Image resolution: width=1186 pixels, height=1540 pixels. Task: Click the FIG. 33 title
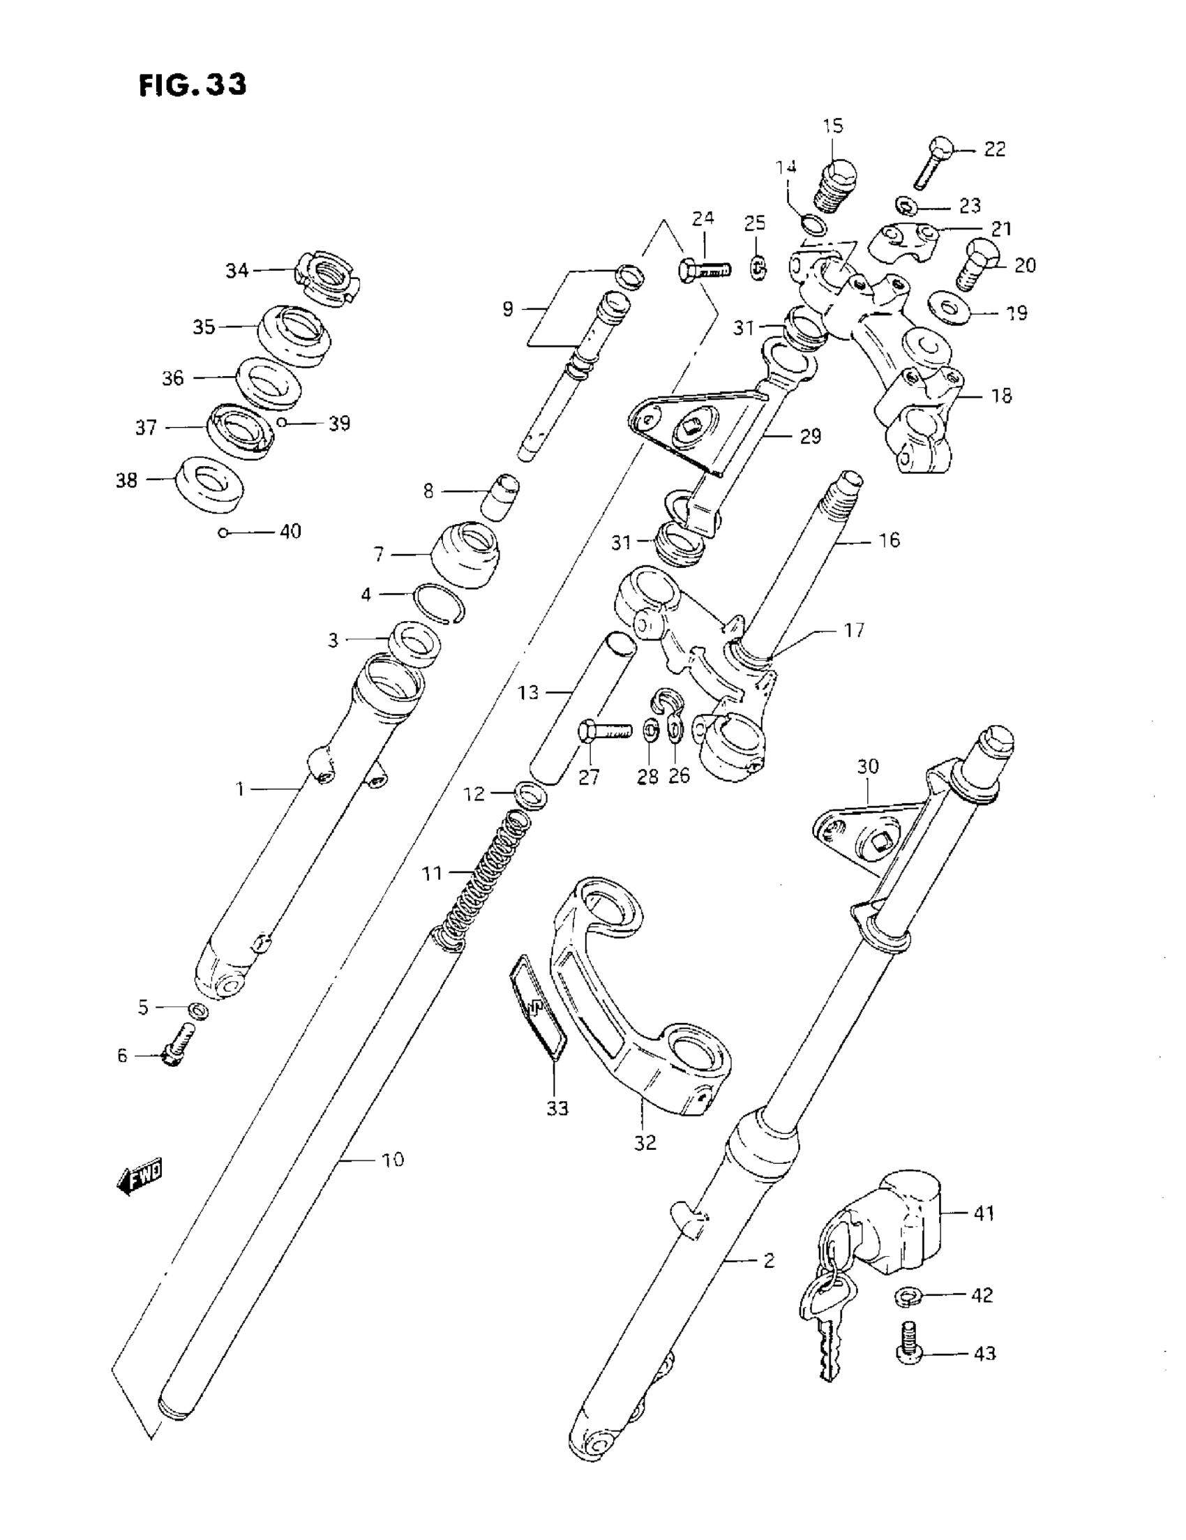point(193,85)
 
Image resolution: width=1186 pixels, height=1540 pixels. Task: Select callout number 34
point(237,271)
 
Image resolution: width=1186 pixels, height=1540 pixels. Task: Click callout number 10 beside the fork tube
point(392,1159)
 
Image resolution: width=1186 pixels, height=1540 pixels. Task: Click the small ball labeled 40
point(223,532)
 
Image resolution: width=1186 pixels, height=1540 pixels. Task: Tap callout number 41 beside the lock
point(983,1213)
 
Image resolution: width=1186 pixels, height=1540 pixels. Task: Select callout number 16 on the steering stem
point(889,540)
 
